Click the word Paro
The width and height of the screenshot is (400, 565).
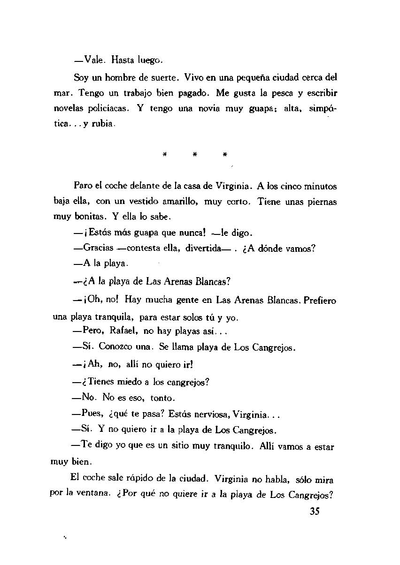82,186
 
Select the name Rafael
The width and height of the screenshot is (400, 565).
123,331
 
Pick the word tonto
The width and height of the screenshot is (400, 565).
162,399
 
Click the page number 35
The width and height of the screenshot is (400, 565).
315,512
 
